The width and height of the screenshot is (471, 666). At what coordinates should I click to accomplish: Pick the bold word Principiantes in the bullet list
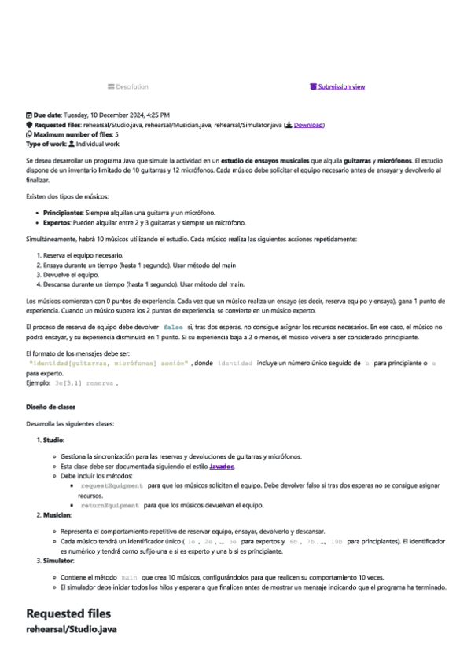64,212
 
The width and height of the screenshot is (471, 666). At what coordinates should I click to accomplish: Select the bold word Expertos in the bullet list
57,221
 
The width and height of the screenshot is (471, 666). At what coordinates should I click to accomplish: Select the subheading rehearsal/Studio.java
72,630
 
